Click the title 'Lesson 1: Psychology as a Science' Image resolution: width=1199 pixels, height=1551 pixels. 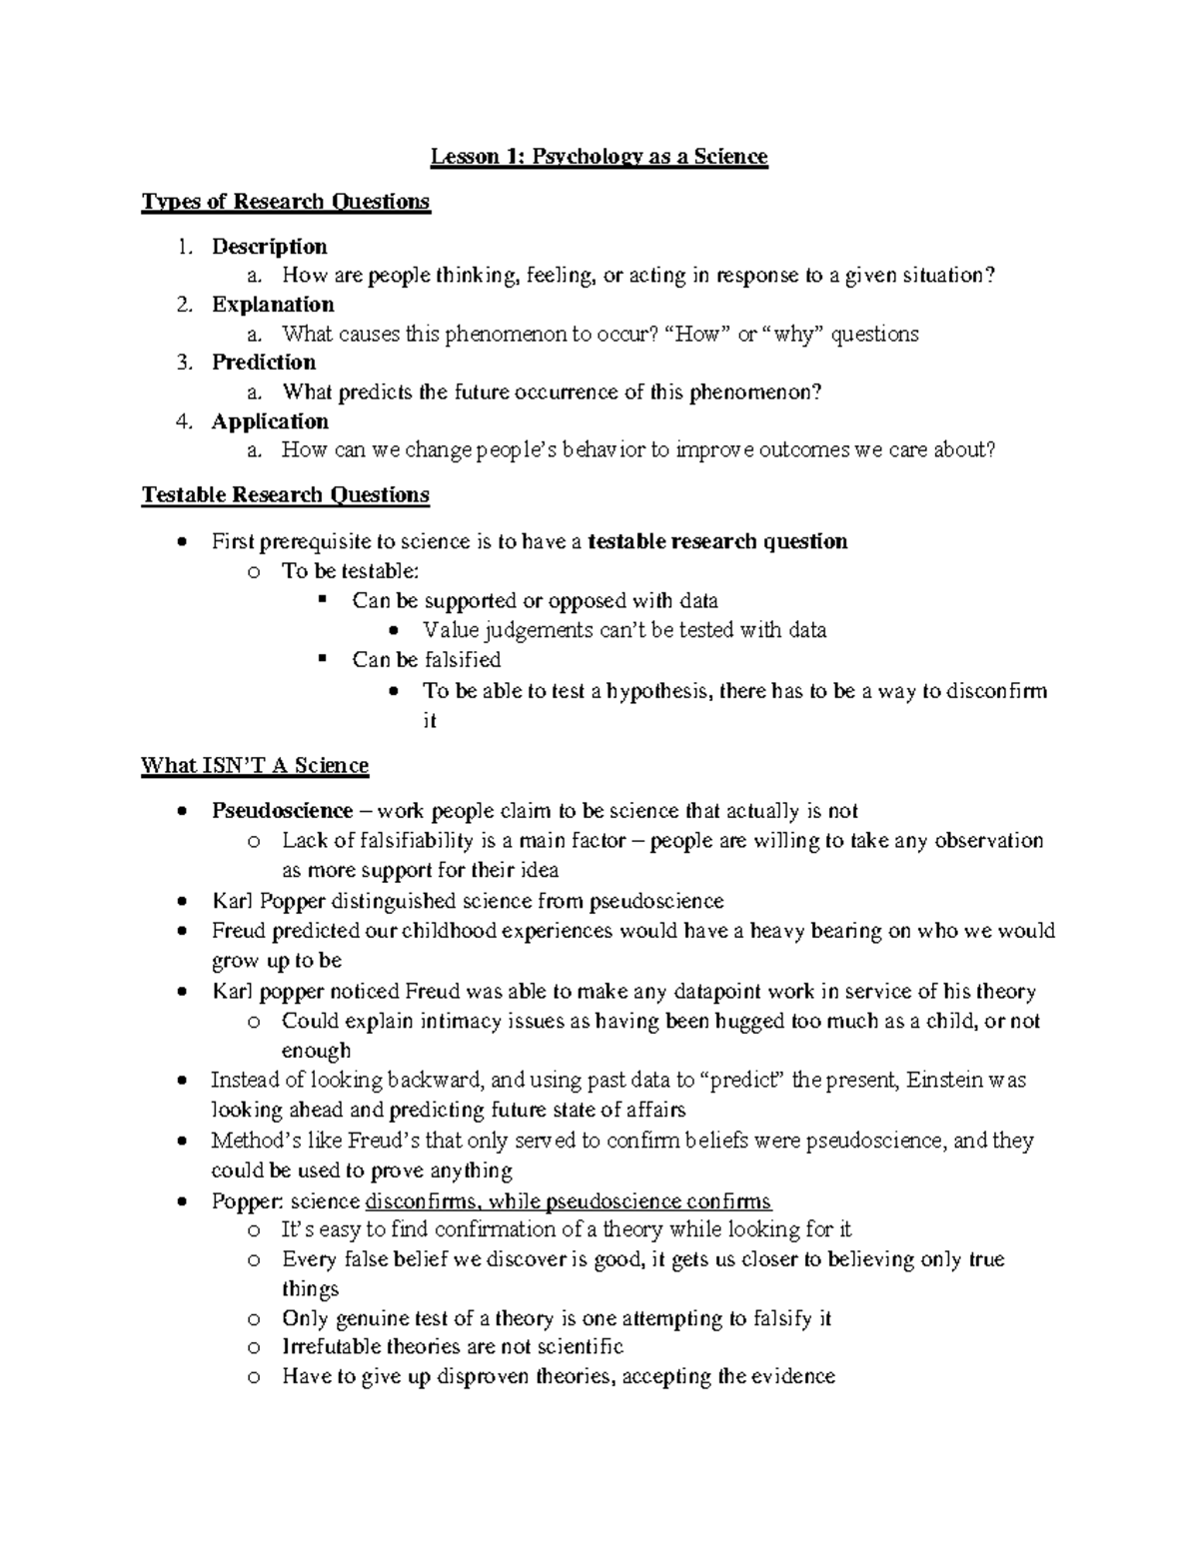599,157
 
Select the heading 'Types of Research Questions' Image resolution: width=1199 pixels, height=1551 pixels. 286,202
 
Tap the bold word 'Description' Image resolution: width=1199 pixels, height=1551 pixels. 269,247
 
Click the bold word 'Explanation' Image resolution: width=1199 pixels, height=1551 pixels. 273,305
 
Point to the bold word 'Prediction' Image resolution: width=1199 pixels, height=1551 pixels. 264,363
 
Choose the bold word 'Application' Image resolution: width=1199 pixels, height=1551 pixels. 270,421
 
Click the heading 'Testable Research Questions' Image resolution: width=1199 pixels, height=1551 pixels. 286,495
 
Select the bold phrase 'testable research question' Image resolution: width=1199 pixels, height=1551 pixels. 718,542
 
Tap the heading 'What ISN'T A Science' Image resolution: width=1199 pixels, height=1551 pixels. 255,766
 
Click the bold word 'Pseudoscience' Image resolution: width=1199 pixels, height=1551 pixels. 282,811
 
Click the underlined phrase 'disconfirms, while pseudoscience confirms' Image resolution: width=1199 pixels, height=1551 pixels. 570,1201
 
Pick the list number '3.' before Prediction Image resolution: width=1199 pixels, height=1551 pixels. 183,363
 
